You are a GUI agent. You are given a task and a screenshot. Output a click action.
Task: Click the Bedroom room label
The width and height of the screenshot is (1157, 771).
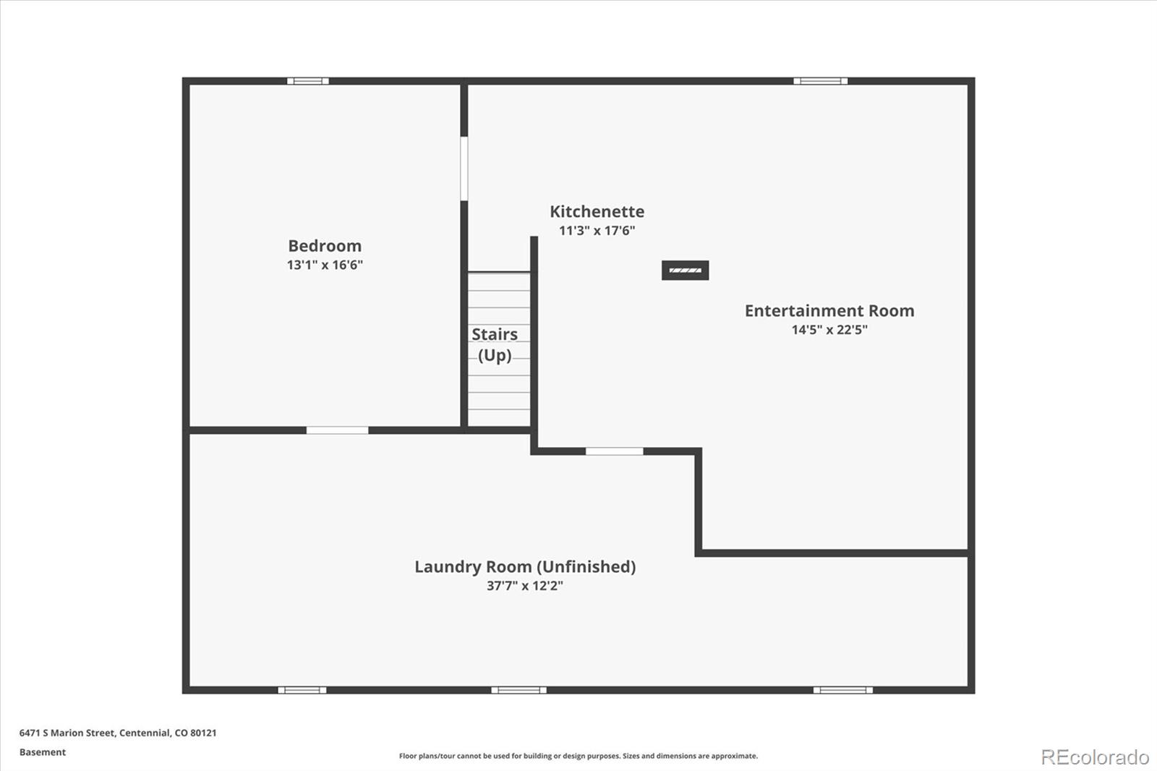[x=325, y=246]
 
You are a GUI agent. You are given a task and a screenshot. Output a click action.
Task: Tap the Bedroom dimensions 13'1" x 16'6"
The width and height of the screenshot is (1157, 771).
[x=325, y=265]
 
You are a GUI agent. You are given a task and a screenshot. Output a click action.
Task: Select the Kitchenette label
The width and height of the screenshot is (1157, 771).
[x=597, y=211]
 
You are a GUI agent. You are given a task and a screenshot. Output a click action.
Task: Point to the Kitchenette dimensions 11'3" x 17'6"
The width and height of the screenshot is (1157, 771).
[x=597, y=231]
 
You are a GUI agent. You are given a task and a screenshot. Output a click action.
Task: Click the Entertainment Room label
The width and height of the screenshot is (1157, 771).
[x=829, y=310]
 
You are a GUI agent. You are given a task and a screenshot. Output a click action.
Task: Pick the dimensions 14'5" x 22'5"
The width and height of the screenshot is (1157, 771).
[x=829, y=330]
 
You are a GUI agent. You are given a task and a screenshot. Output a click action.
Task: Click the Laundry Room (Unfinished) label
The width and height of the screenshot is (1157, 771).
[x=525, y=567]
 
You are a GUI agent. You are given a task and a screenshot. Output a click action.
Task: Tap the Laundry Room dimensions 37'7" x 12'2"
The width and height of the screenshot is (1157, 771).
[x=525, y=586]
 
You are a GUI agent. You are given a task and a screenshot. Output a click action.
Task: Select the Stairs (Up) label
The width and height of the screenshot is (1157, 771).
[x=495, y=345]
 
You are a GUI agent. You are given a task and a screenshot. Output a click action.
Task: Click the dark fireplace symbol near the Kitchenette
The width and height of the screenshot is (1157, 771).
[x=686, y=271]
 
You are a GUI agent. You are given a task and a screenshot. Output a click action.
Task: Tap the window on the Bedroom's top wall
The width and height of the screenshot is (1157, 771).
[x=308, y=81]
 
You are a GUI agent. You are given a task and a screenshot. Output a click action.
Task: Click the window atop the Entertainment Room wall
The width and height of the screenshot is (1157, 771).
[x=821, y=81]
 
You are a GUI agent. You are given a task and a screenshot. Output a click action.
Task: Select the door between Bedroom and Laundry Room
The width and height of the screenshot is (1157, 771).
[x=337, y=430]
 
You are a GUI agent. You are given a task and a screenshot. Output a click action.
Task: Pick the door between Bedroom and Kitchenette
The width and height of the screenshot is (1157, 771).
[x=464, y=169]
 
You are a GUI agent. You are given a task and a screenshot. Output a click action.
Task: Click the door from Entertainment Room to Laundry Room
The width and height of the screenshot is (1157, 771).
[x=614, y=451]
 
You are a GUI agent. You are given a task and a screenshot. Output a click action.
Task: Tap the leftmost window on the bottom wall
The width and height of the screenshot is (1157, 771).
[x=302, y=691]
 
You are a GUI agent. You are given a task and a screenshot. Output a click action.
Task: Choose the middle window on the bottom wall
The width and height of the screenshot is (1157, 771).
[x=518, y=691]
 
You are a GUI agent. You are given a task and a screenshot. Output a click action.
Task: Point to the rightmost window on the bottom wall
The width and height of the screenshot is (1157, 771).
[x=843, y=691]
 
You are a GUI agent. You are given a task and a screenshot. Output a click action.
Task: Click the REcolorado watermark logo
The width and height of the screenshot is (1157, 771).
[x=1095, y=757]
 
